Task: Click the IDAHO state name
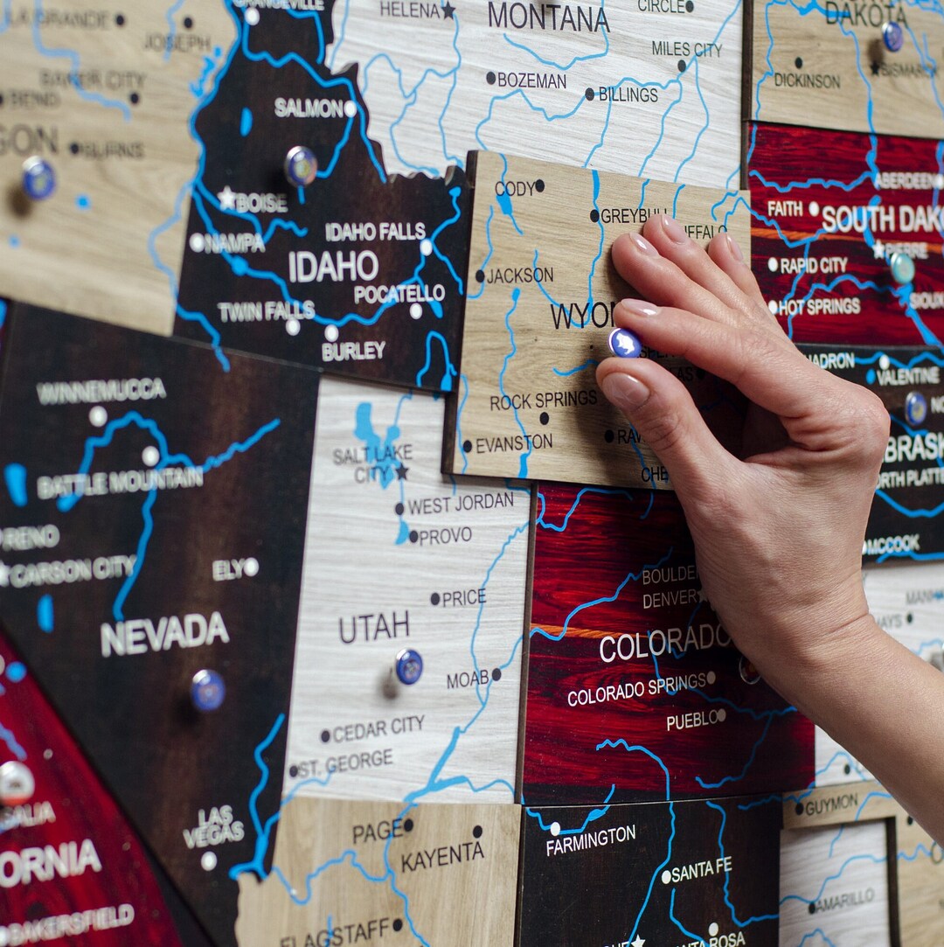(x=333, y=266)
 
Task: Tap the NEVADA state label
(x=164, y=632)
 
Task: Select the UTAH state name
(x=374, y=626)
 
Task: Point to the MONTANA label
(x=548, y=17)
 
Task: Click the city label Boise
(x=260, y=203)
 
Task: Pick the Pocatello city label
(x=399, y=294)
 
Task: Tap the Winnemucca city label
(x=101, y=390)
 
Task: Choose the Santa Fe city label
(x=702, y=869)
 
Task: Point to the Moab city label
(x=468, y=679)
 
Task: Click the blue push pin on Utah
(x=408, y=666)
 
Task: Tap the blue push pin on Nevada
(x=208, y=689)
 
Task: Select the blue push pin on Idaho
(x=301, y=165)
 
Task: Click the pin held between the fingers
(x=625, y=343)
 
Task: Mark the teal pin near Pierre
(x=902, y=268)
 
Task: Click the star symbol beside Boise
(x=227, y=198)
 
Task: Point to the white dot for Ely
(x=251, y=567)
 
